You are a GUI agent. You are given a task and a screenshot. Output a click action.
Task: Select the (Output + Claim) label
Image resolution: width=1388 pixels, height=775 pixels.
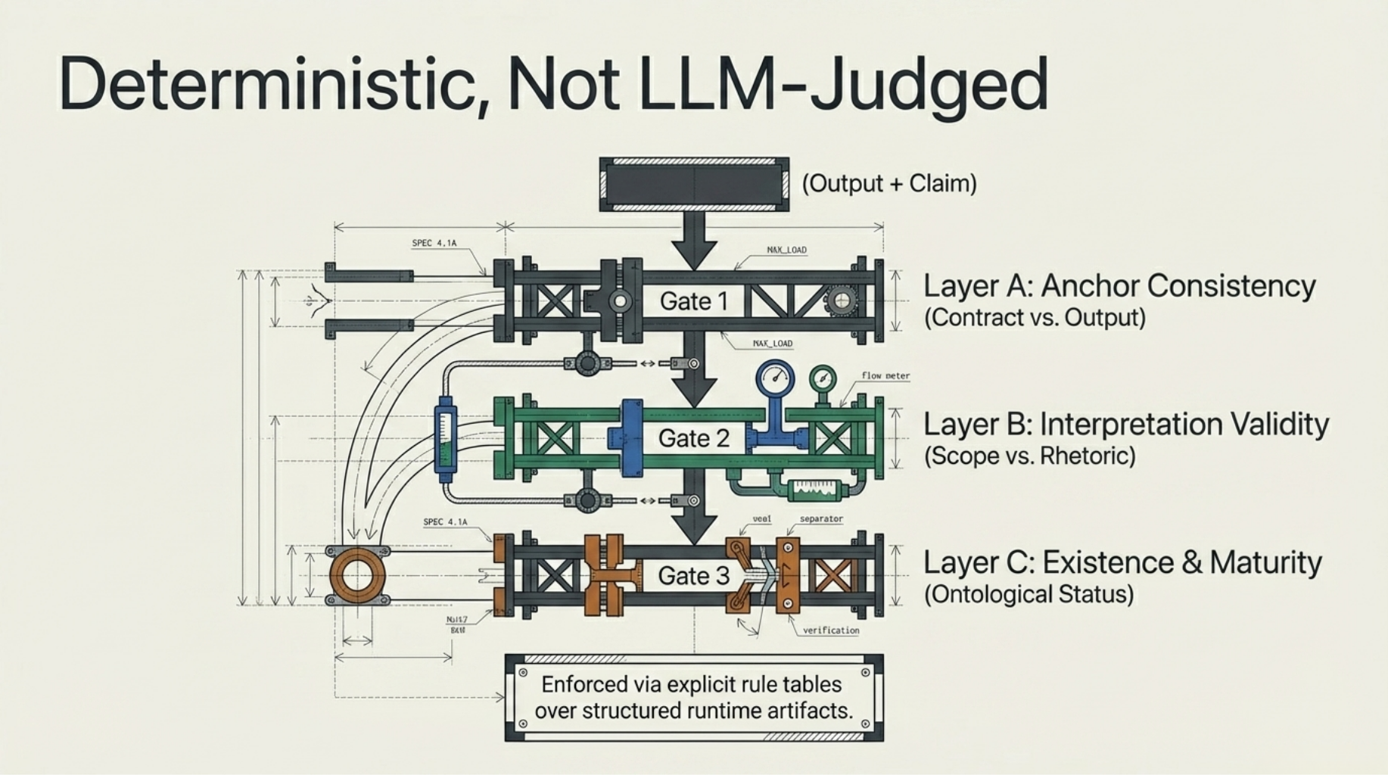point(889,183)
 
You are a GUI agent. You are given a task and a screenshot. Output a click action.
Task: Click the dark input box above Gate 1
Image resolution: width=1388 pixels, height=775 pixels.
point(694,185)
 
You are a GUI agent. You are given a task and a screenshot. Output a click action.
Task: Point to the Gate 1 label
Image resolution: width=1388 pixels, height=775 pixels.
point(693,301)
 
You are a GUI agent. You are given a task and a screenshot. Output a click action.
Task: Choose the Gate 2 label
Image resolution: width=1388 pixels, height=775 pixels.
point(693,438)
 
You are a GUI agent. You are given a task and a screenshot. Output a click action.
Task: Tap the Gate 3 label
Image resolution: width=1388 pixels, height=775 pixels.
point(693,576)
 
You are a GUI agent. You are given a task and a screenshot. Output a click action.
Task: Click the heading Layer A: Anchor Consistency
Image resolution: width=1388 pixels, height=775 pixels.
point(1119,286)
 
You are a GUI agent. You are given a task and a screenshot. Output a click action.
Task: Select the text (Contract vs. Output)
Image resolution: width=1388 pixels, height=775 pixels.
point(1035,317)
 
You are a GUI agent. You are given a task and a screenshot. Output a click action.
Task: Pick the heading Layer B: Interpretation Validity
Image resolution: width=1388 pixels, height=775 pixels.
point(1125,425)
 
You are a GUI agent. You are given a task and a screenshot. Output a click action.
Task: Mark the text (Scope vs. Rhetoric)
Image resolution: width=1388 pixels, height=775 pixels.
point(1029,456)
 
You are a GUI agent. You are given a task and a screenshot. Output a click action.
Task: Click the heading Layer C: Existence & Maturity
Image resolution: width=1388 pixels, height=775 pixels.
point(1122,563)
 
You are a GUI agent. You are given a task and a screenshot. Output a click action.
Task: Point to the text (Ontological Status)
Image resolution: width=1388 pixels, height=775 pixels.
point(1029,594)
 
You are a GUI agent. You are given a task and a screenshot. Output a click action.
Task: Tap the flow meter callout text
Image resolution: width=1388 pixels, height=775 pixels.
point(885,375)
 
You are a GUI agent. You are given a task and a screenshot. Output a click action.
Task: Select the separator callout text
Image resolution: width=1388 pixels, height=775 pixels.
point(821,519)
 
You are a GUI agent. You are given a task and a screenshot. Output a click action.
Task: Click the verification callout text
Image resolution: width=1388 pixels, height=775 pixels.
point(831,630)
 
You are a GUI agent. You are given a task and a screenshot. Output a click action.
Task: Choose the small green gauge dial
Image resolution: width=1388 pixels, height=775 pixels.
point(822,378)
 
